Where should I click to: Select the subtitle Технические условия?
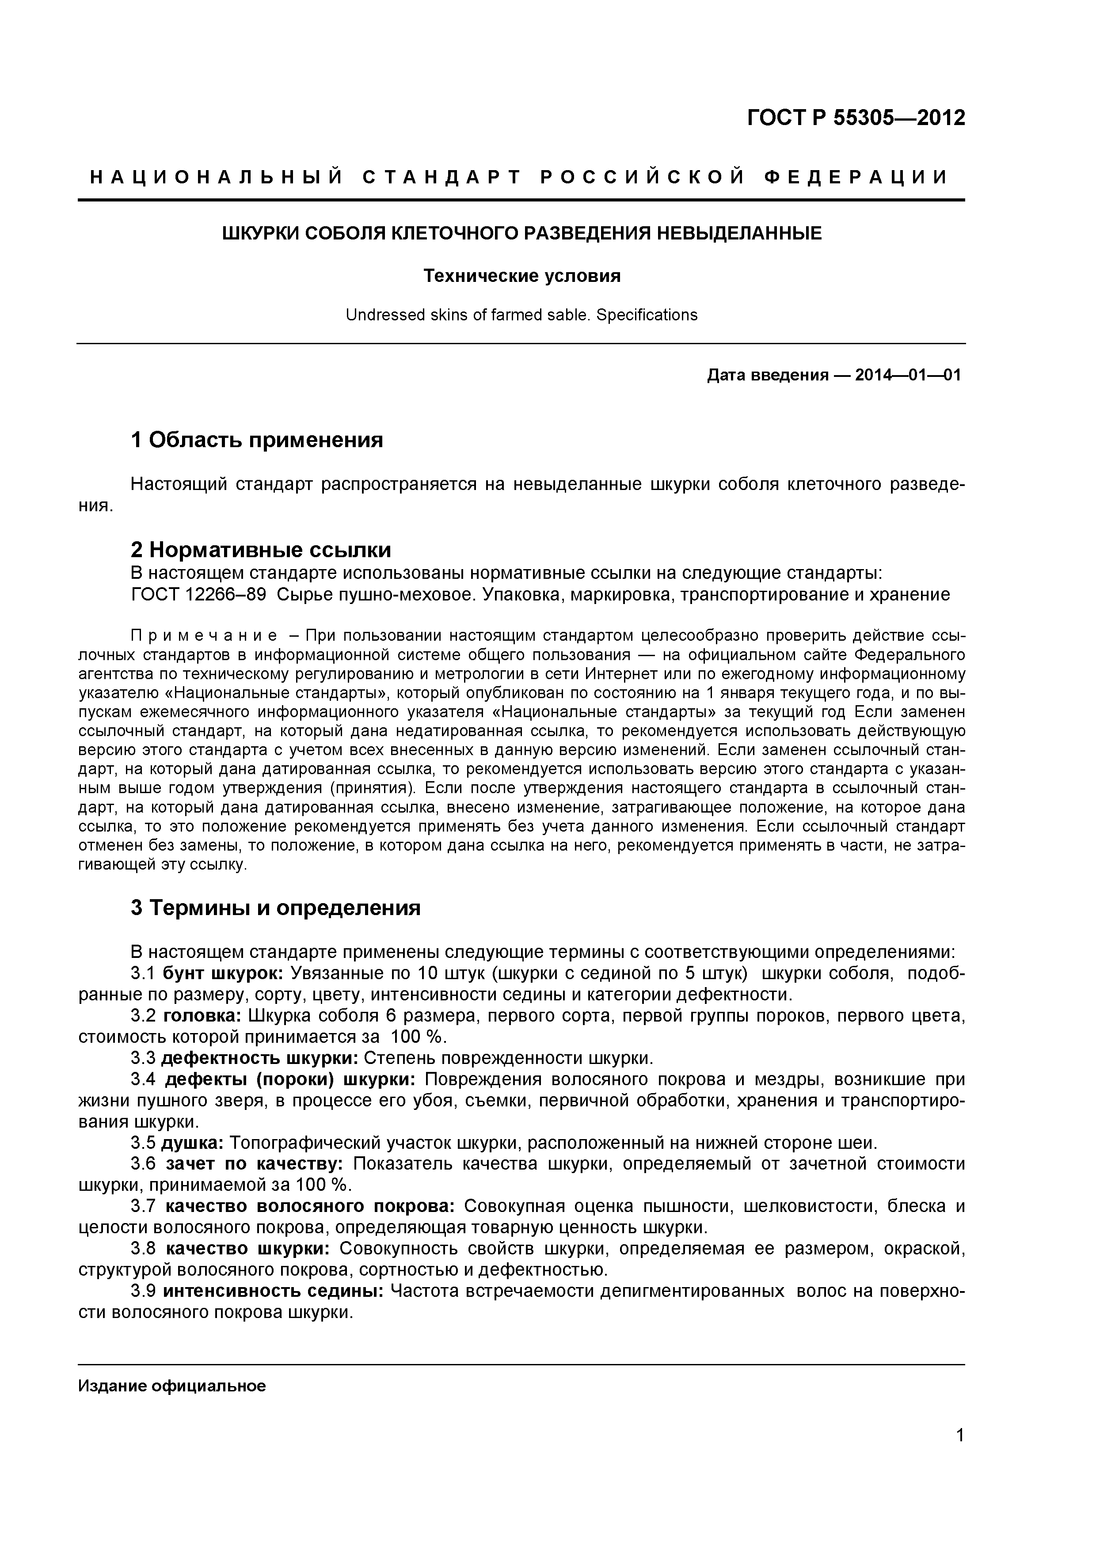point(521,276)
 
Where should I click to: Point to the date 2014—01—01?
point(907,375)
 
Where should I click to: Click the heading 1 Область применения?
point(257,440)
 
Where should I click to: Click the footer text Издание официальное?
point(172,1387)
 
